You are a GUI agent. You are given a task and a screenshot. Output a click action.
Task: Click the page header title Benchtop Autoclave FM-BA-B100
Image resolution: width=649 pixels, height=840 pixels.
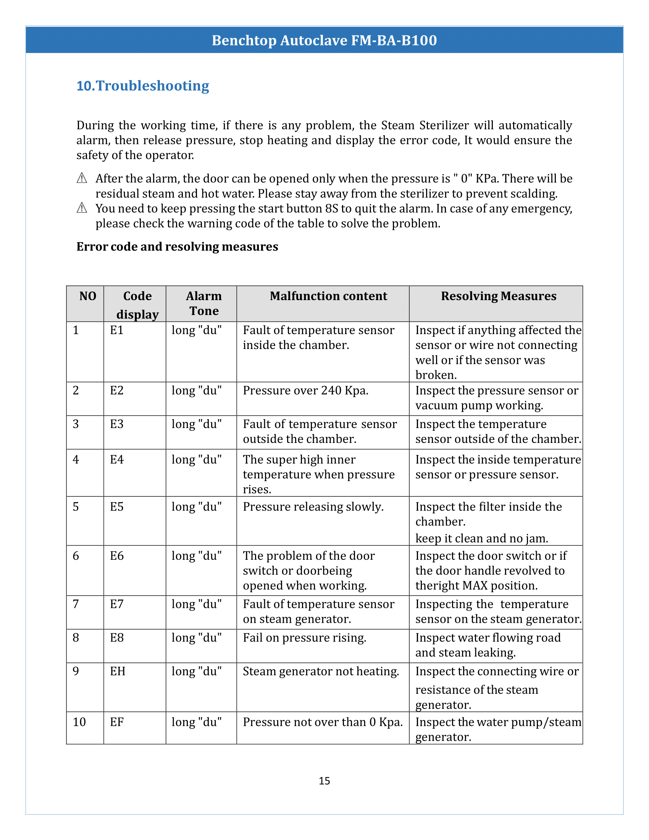(x=324, y=40)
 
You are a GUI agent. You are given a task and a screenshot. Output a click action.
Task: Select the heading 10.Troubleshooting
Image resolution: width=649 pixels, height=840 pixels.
(x=143, y=86)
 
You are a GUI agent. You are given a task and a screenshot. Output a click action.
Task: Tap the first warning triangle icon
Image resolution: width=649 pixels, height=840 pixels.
(x=82, y=178)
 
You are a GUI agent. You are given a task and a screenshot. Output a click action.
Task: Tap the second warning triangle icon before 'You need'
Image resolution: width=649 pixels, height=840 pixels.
(x=82, y=208)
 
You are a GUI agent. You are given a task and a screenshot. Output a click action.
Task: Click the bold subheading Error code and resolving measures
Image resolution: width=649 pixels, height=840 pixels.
(x=177, y=247)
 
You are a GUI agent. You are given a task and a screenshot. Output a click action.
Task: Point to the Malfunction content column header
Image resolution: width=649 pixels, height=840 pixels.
(x=328, y=296)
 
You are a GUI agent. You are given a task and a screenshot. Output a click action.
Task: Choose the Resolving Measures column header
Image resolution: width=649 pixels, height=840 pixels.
(x=498, y=296)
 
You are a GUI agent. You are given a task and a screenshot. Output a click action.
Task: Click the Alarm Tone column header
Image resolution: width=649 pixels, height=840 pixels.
(x=204, y=303)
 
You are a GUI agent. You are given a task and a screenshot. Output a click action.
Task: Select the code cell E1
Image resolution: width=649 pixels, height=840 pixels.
(x=116, y=330)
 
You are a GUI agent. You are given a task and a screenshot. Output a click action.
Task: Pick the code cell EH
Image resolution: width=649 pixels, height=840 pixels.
(x=118, y=671)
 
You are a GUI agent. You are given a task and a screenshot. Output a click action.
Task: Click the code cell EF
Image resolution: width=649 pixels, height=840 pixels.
(x=116, y=722)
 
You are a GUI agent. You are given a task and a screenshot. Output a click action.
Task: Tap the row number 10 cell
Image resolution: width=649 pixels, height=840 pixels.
(x=79, y=722)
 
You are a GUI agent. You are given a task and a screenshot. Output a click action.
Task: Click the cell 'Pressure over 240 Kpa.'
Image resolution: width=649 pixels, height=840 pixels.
(x=305, y=390)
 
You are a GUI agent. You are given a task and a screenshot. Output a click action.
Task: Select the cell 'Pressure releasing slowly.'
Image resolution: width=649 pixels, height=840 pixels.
(x=313, y=507)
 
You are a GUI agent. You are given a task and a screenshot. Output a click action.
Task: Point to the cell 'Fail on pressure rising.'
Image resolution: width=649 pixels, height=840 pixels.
(x=304, y=638)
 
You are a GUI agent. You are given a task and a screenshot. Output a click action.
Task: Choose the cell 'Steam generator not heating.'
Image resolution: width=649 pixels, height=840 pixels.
(x=321, y=671)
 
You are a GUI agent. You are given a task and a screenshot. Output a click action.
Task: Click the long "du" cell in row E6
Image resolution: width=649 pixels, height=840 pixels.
(x=197, y=556)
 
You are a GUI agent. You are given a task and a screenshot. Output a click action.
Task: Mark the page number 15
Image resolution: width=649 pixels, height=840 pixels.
(x=324, y=781)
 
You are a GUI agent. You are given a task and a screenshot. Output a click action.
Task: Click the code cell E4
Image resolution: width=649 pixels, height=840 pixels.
(x=116, y=460)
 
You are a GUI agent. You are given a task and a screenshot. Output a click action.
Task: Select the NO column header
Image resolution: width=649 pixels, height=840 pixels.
(x=88, y=296)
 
